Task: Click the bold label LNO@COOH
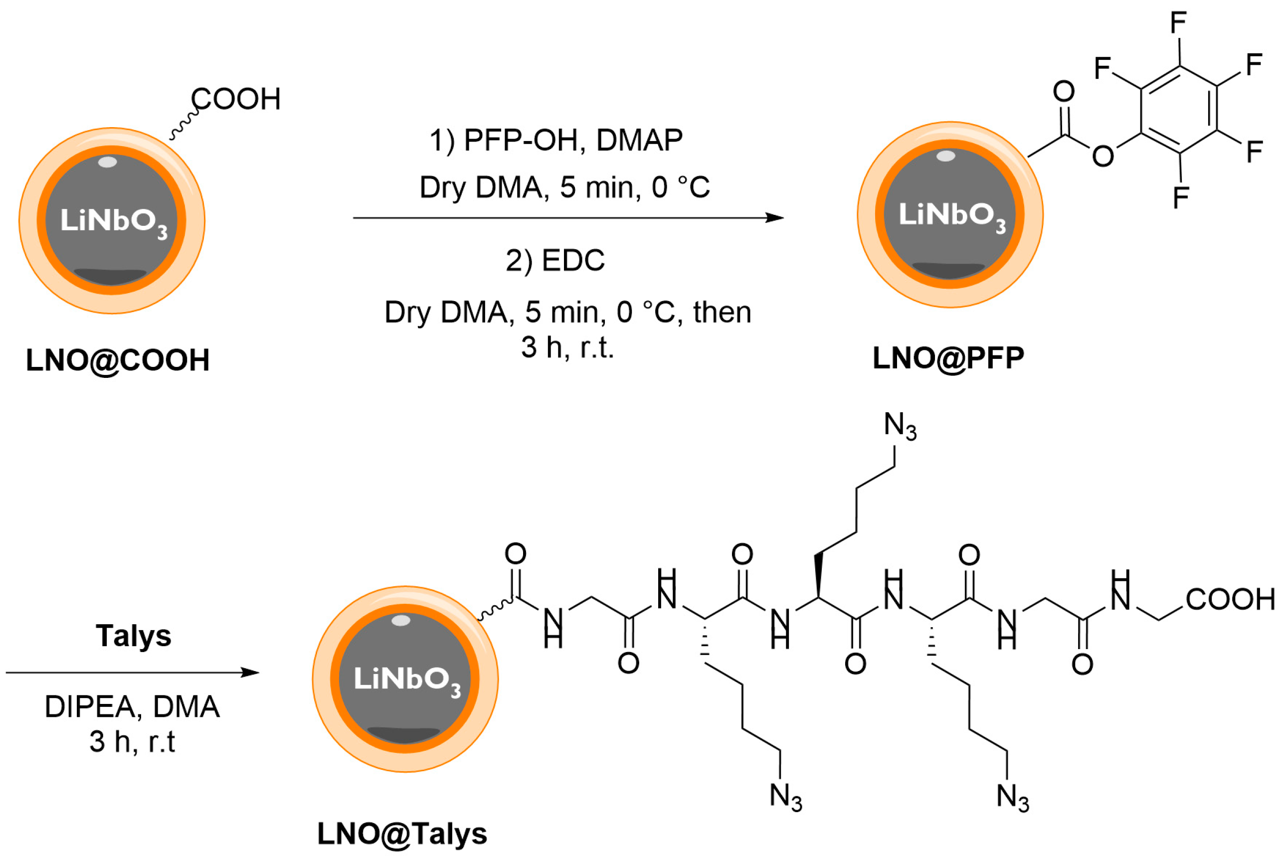[118, 360]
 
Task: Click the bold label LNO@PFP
[948, 358]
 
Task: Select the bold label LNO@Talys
[402, 834]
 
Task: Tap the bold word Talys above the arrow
[134, 635]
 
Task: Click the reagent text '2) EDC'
[554, 260]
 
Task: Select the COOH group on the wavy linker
[236, 99]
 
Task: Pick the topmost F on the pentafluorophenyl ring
[1178, 23]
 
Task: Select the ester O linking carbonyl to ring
[1103, 156]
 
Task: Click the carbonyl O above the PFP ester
[1064, 91]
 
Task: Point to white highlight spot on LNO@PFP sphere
[946, 156]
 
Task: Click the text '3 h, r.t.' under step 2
[567, 347]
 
